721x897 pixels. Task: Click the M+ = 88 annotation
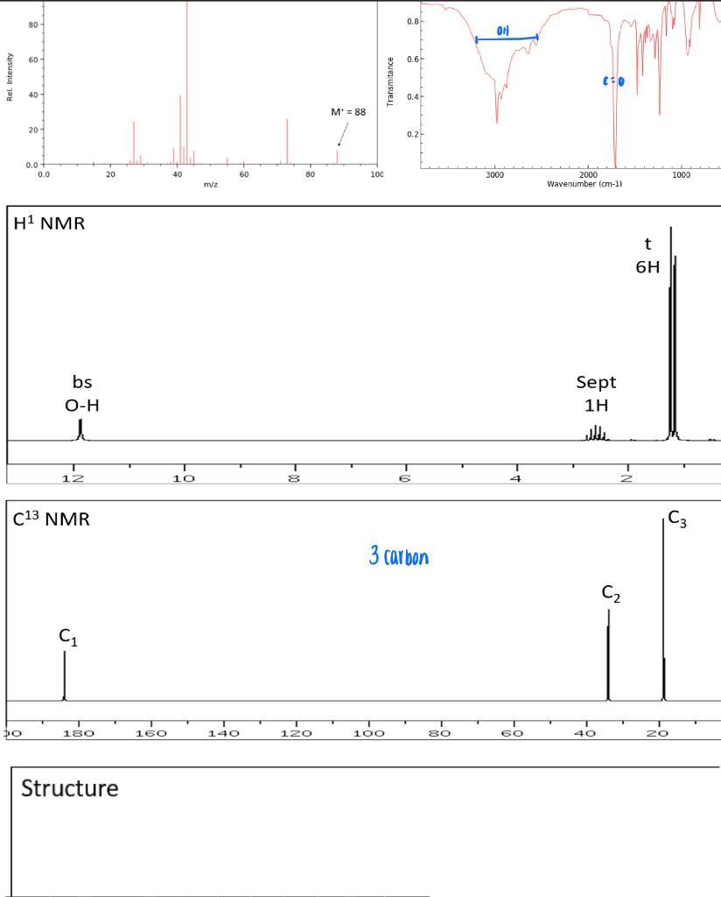pyautogui.click(x=348, y=112)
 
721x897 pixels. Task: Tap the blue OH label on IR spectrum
pyautogui.click(x=502, y=31)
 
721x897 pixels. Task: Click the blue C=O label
pyautogui.click(x=613, y=81)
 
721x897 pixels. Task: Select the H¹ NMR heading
pyautogui.click(x=50, y=223)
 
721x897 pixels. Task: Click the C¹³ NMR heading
pyautogui.click(x=52, y=519)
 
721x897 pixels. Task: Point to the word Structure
pyautogui.click(x=69, y=788)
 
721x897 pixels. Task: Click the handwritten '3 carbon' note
pyautogui.click(x=400, y=556)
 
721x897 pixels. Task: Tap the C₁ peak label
pyautogui.click(x=68, y=639)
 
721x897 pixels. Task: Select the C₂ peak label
pyautogui.click(x=612, y=595)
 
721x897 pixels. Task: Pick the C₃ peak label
pyautogui.click(x=677, y=519)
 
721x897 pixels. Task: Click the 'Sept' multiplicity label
pyautogui.click(x=596, y=382)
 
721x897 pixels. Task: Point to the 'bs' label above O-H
pyautogui.click(x=82, y=382)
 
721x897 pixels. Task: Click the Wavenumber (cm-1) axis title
pyautogui.click(x=584, y=184)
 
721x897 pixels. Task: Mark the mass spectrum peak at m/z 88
pyautogui.click(x=337, y=156)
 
